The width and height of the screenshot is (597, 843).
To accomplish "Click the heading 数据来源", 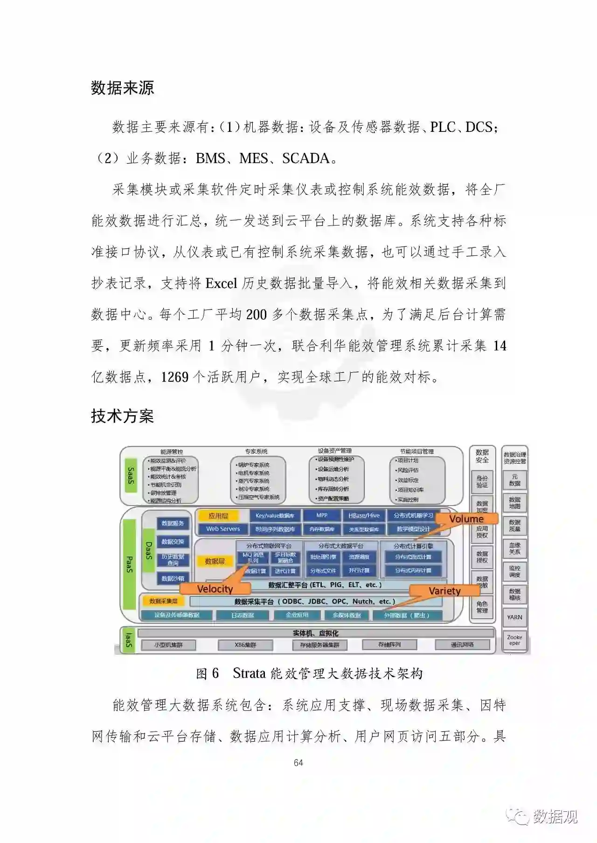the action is [x=122, y=88].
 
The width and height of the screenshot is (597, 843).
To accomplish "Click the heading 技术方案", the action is [x=122, y=416].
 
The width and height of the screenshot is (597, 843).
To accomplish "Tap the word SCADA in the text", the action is [x=305, y=158].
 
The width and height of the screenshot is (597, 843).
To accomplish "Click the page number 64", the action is [x=298, y=763].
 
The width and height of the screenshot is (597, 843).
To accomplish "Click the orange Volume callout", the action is [x=466, y=519].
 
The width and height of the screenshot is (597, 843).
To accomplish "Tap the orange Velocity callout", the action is [x=215, y=589].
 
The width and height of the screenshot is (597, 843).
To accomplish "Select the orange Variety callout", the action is [x=444, y=591].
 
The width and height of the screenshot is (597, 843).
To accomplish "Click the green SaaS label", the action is [x=130, y=476].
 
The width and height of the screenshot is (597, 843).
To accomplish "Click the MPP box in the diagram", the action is [x=322, y=515].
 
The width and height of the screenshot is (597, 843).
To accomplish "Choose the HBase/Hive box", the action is [x=364, y=515].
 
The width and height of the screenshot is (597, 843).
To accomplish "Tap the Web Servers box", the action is [x=223, y=529].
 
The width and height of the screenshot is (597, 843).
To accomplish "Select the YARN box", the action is [x=514, y=617].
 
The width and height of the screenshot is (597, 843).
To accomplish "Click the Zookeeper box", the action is [x=514, y=640].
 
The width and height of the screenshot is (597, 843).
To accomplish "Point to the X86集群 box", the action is [x=245, y=645].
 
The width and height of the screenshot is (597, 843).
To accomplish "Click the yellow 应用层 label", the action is [x=218, y=516].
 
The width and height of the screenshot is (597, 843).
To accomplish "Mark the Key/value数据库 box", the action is [x=275, y=516].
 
